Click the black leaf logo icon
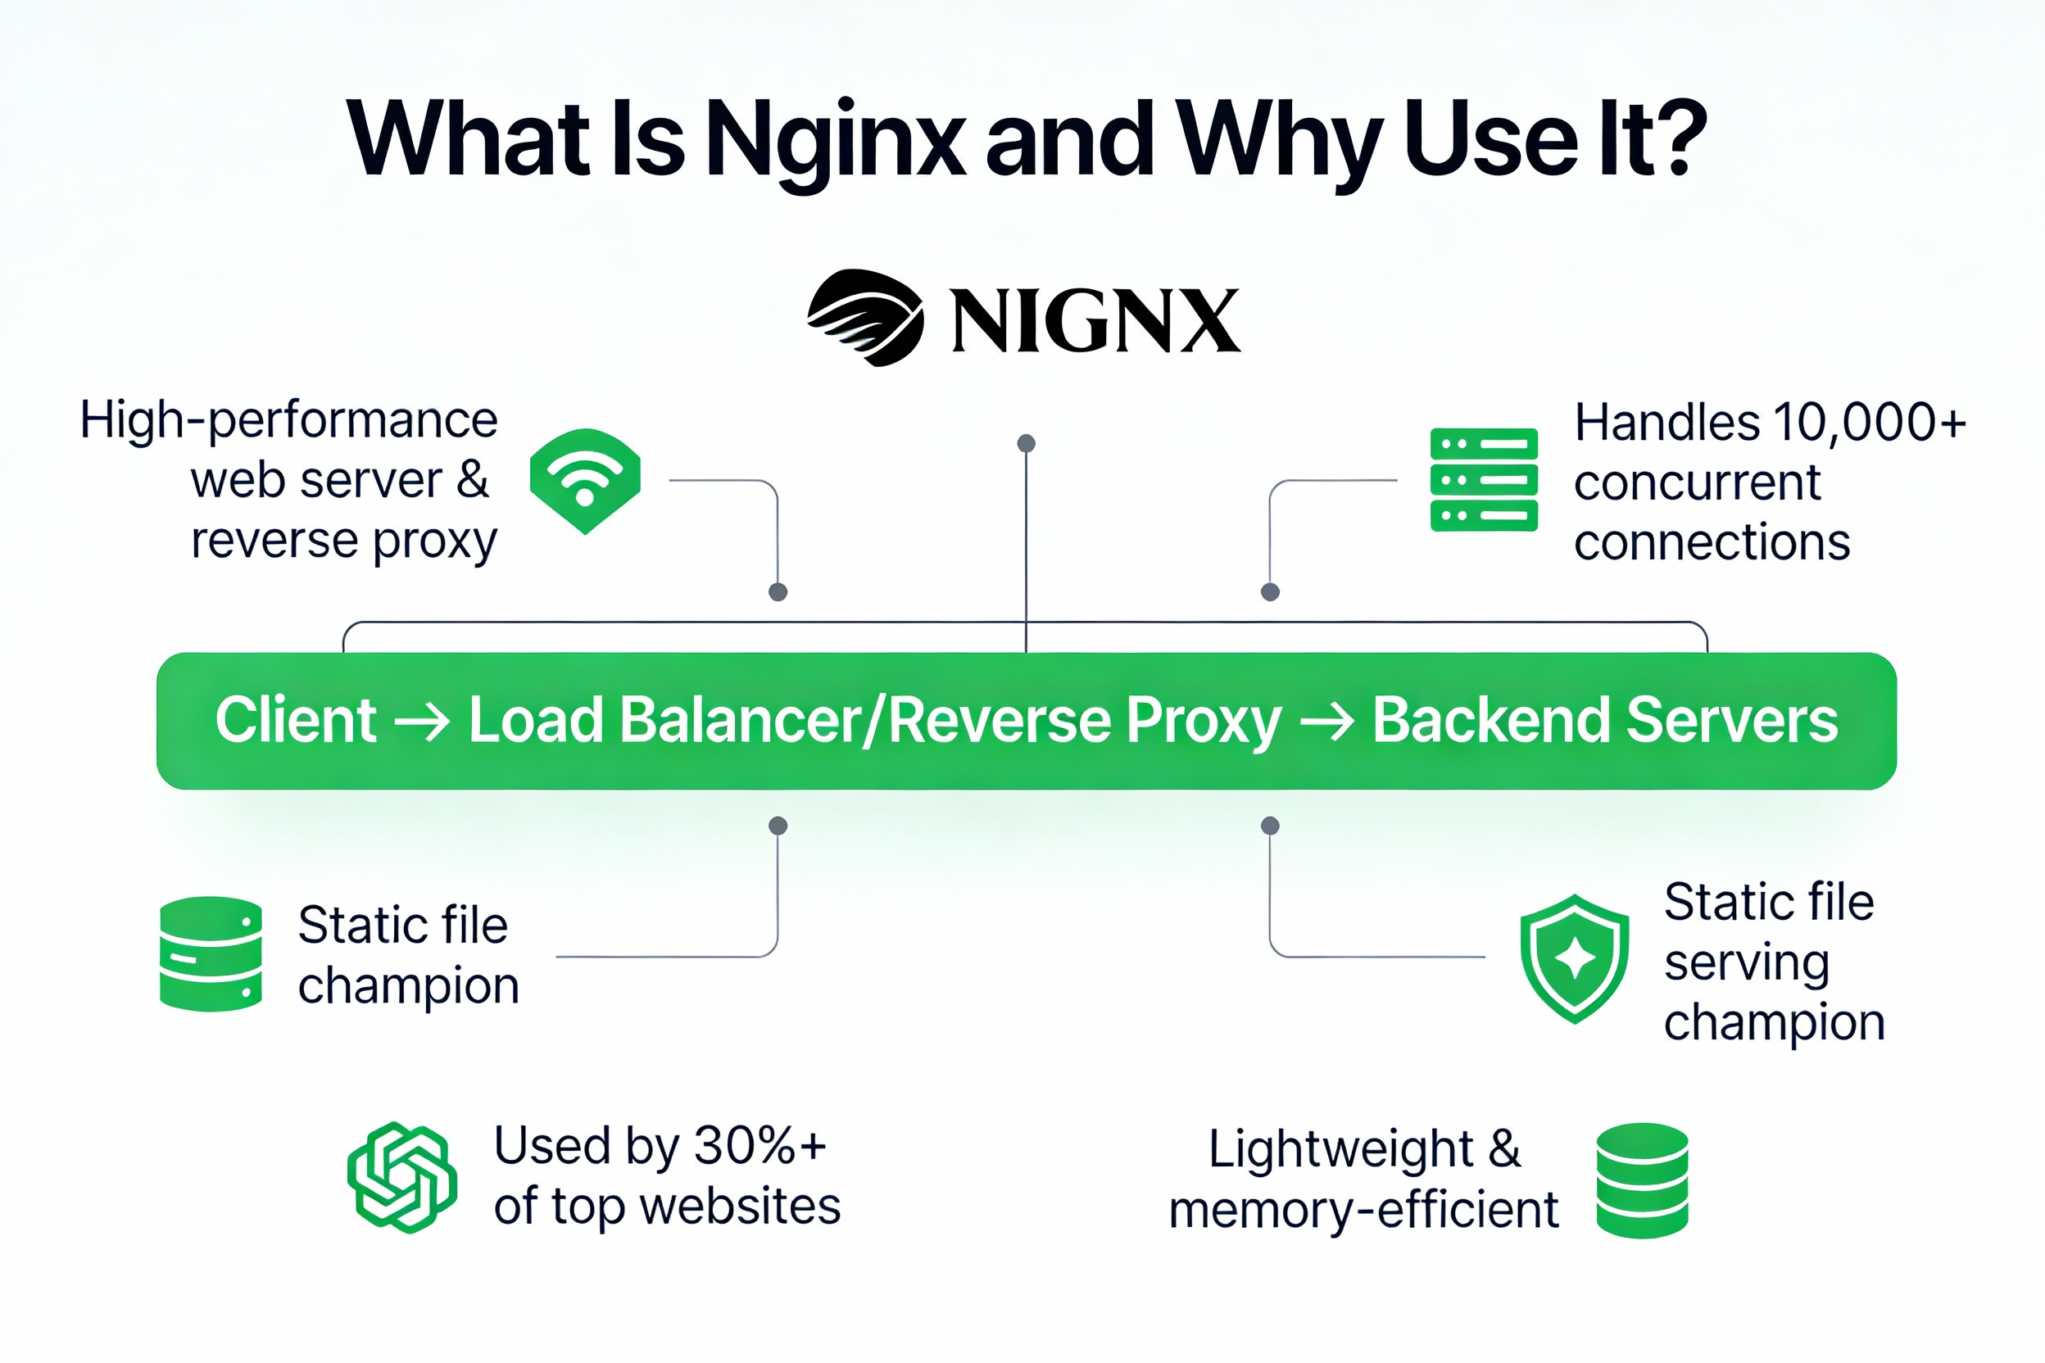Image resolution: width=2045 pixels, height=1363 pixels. tap(865, 317)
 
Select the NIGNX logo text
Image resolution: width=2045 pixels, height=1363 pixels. tap(1095, 322)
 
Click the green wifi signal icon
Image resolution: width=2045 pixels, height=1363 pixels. tap(585, 480)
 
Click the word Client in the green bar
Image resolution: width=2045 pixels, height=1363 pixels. tap(296, 721)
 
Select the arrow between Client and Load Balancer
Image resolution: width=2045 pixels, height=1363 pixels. tap(422, 722)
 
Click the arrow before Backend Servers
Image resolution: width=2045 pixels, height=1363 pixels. tap(1326, 722)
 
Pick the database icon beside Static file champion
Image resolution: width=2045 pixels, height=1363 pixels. tap(211, 953)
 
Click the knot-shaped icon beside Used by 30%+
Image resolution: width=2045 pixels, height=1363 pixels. tap(401, 1177)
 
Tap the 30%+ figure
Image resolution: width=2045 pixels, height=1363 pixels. tap(759, 1146)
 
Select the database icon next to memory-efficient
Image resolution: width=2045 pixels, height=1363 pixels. tap(1642, 1180)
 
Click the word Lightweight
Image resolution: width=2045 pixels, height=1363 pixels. tap(1340, 1149)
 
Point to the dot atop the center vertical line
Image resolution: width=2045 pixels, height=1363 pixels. tap(1026, 443)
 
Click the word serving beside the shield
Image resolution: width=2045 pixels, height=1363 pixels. tap(1746, 962)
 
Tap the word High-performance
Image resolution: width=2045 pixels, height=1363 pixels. tap(288, 421)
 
